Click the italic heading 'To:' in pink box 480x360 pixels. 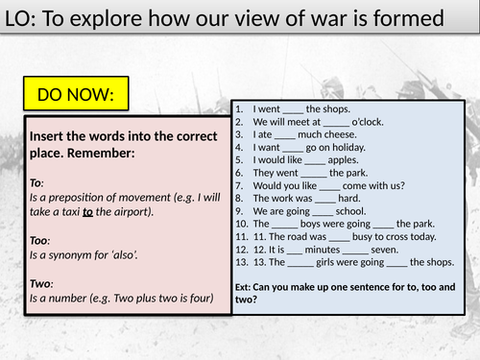click(37, 181)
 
